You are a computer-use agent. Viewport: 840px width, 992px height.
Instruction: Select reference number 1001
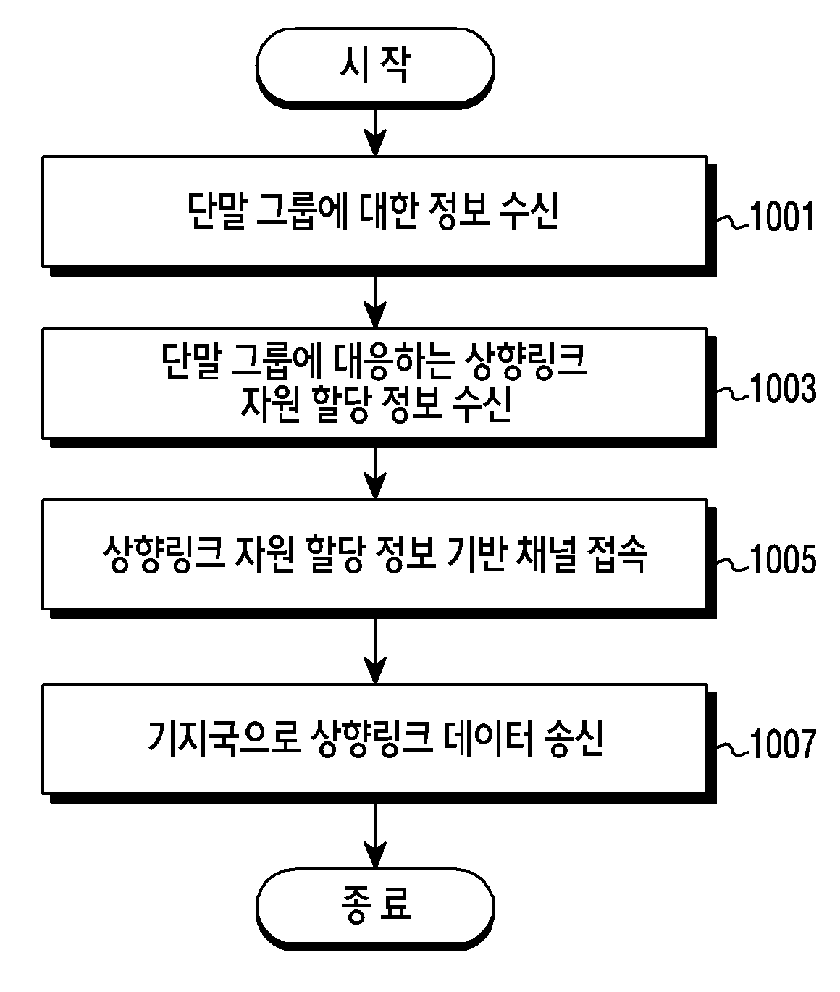pyautogui.click(x=781, y=217)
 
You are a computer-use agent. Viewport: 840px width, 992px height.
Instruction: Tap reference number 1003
pyautogui.click(x=782, y=388)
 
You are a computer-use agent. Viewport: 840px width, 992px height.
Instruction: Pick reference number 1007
pyautogui.click(x=782, y=743)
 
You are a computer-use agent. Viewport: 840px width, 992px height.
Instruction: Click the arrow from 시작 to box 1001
pyautogui.click(x=375, y=133)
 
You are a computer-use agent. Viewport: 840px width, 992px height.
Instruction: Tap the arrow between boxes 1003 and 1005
pyautogui.click(x=375, y=474)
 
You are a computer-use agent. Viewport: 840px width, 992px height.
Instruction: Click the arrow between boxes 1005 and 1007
pyautogui.click(x=375, y=651)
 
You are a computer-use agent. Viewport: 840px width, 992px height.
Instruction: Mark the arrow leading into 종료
pyautogui.click(x=375, y=836)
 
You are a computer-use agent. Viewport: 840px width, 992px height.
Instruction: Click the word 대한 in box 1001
pyautogui.click(x=388, y=211)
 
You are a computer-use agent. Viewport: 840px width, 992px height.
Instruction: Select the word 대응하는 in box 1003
pyautogui.click(x=393, y=361)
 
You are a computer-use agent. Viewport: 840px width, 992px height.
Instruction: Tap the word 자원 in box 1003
pyautogui.click(x=270, y=403)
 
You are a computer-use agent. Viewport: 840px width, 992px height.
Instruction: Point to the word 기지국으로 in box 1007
pyautogui.click(x=224, y=738)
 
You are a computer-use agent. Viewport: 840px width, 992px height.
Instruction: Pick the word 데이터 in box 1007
pyautogui.click(x=489, y=738)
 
